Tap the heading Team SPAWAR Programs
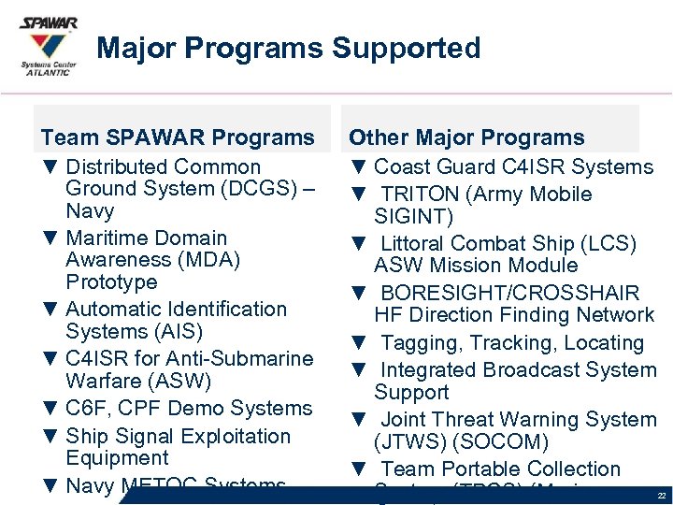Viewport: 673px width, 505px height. (x=178, y=137)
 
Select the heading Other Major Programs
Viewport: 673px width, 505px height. (x=466, y=137)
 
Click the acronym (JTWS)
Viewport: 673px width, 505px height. (x=408, y=441)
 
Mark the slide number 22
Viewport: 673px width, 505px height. (x=661, y=495)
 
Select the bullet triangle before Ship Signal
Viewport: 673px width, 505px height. (x=50, y=437)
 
